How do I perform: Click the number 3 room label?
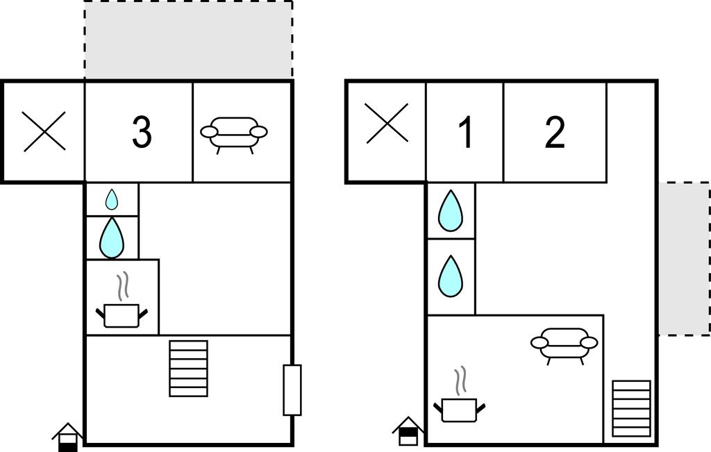tap(141, 132)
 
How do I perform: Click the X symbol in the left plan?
tap(44, 131)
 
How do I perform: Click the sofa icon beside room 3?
tap(234, 133)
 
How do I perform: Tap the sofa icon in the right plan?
tap(564, 344)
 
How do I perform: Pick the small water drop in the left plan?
tap(112, 200)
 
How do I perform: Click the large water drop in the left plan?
tap(112, 237)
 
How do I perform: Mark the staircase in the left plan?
tap(189, 368)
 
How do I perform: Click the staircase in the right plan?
tap(631, 408)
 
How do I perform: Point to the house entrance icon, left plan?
tap(68, 437)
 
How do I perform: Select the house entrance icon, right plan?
tap(408, 432)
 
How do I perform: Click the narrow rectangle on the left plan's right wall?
tap(292, 390)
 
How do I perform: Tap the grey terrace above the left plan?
tap(188, 40)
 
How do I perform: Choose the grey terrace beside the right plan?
tap(684, 259)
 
